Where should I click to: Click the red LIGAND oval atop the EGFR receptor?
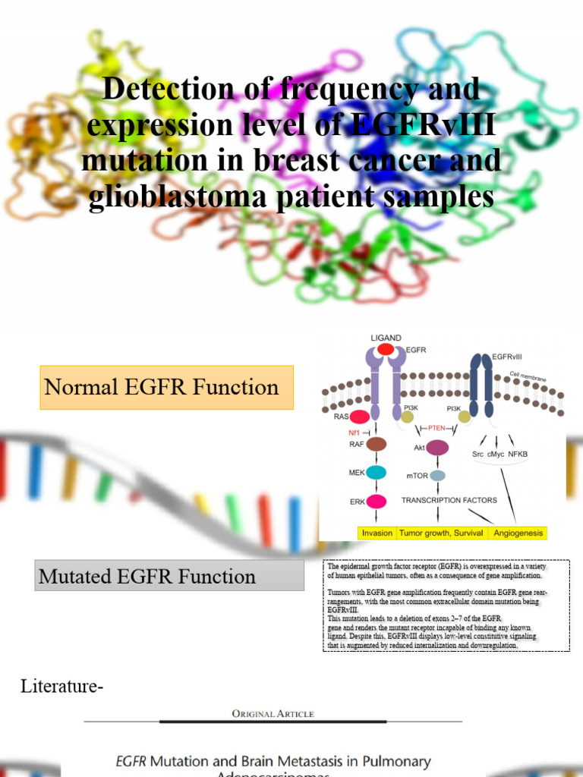point(386,349)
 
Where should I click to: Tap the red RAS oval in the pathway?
point(359,416)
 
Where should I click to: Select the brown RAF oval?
point(377,444)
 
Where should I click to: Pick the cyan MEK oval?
point(377,473)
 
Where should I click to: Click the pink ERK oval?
point(377,501)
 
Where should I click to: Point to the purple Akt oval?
point(437,448)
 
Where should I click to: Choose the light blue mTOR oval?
point(437,476)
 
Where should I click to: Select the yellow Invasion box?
point(377,533)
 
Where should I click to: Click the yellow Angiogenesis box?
point(518,533)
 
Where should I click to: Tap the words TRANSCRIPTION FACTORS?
point(449,500)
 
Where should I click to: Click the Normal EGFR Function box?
point(166,388)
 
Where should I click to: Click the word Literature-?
point(61,687)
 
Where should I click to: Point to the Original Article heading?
point(273,713)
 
